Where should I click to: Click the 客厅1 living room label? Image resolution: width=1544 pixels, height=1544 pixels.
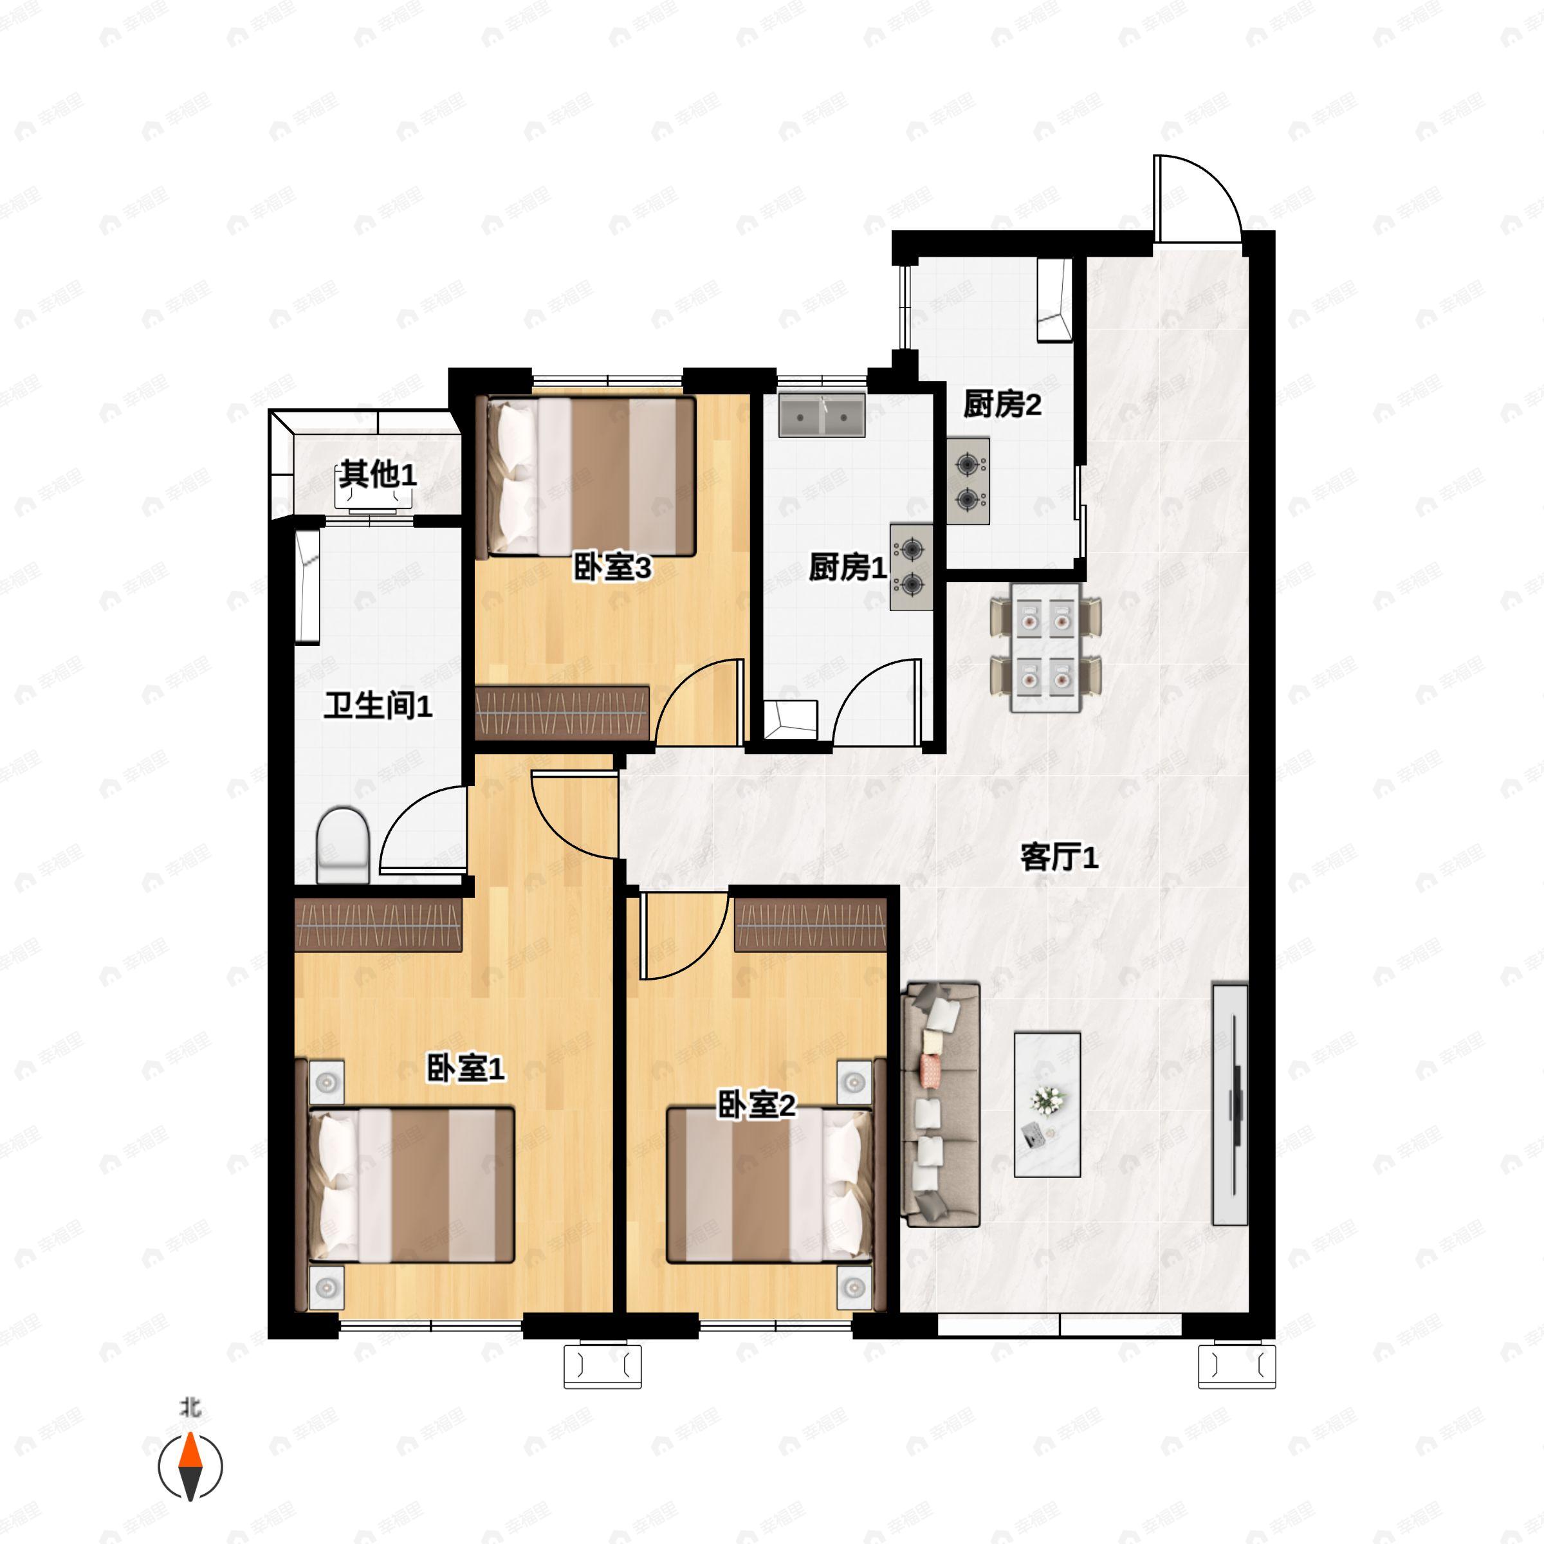[x=1059, y=858]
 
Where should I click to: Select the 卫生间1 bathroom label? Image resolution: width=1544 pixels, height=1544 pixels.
[x=378, y=706]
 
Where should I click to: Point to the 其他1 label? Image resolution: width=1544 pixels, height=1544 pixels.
[x=377, y=475]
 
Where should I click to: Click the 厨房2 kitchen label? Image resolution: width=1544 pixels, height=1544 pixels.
[x=1002, y=405]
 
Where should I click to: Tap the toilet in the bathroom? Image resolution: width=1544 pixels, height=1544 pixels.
[x=343, y=845]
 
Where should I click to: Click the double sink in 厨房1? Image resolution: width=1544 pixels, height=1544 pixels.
[x=822, y=415]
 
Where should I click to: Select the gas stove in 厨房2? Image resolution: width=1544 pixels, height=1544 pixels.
[x=968, y=481]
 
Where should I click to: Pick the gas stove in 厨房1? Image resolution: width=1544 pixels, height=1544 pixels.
[x=911, y=567]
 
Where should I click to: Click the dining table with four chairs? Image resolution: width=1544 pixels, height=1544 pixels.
[x=1045, y=647]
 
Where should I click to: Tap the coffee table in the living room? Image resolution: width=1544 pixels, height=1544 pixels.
[x=1047, y=1105]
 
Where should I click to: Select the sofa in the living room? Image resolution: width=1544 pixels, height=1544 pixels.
[x=941, y=1105]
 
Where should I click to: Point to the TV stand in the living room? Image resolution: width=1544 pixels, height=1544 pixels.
[x=1230, y=1104]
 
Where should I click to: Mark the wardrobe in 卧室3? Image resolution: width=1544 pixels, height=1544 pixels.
[x=561, y=712]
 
